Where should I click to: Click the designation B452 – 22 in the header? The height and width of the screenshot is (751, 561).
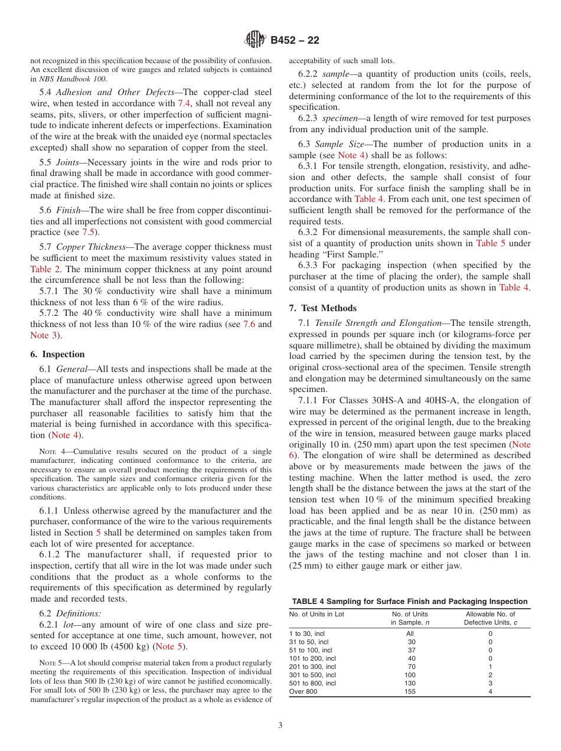click(x=295, y=41)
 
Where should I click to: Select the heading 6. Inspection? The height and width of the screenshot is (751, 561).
click(x=57, y=354)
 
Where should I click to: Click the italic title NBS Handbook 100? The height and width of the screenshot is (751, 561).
click(x=74, y=79)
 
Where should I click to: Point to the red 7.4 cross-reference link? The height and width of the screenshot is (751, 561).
click(x=184, y=103)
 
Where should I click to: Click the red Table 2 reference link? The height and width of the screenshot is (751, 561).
click(x=45, y=269)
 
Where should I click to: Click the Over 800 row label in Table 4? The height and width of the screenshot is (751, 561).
click(x=303, y=691)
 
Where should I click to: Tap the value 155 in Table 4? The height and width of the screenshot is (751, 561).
click(x=409, y=691)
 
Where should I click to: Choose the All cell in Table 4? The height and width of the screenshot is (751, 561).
click(x=410, y=634)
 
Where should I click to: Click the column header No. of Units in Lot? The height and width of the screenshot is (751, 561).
click(x=317, y=614)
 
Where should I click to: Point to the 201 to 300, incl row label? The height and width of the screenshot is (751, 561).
click(x=312, y=667)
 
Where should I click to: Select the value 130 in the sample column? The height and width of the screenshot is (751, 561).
click(x=409, y=683)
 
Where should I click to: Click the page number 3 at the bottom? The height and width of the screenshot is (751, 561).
click(x=280, y=726)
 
